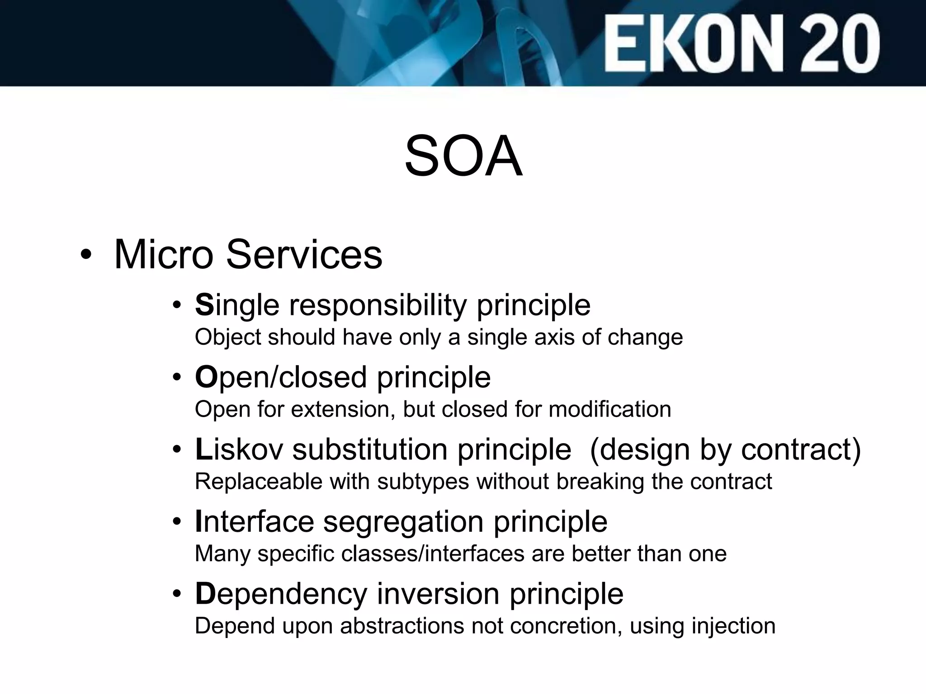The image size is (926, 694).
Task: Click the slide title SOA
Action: tap(463, 156)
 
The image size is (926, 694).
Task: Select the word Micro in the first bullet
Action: tap(163, 254)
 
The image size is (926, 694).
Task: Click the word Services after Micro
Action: tap(304, 254)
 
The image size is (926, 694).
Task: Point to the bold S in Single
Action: tap(204, 305)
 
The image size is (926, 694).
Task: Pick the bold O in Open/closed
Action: tap(206, 377)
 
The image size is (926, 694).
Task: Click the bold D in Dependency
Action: tap(205, 594)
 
